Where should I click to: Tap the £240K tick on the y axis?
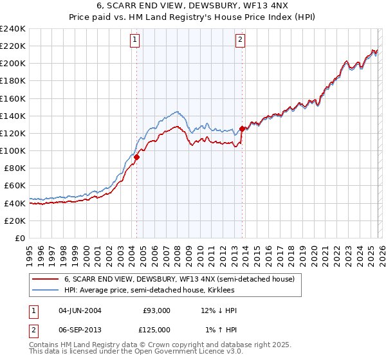tap(13, 29)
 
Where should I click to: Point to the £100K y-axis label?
tap(13, 150)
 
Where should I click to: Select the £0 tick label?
tap(19, 238)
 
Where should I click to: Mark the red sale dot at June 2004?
tap(136, 157)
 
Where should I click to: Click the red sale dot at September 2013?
tap(242, 129)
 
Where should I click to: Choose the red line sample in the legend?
tap(46, 280)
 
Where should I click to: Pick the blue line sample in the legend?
tap(46, 291)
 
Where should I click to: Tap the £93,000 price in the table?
tap(157, 310)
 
